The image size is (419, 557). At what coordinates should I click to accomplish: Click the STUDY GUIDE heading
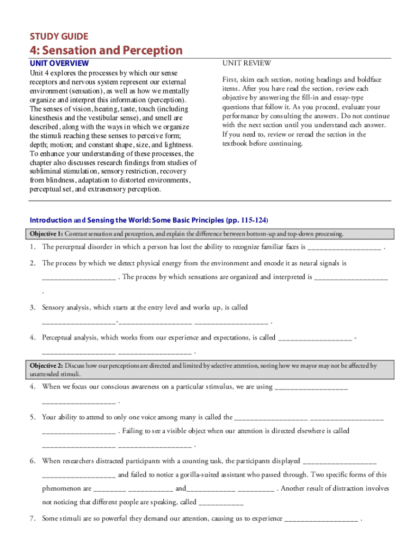[x=59, y=36]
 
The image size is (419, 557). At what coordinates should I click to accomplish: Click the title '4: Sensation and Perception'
[x=106, y=51]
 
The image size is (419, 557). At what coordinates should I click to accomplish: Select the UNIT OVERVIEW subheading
[x=59, y=64]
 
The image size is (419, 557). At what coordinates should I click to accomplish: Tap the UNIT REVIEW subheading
[x=247, y=64]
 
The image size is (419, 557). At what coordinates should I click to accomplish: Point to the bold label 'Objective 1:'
[x=46, y=234]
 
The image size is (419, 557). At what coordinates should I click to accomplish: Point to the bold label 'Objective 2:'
[x=46, y=366]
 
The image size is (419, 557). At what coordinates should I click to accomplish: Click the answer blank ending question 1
[x=344, y=247]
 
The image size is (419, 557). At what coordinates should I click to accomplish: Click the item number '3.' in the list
[x=33, y=308]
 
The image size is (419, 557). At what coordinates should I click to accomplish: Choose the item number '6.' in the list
[x=33, y=461]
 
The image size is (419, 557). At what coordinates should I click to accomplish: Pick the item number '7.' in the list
[x=33, y=518]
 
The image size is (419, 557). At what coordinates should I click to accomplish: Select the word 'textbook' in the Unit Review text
[x=236, y=144]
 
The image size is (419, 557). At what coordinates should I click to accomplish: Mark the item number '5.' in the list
[x=33, y=417]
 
